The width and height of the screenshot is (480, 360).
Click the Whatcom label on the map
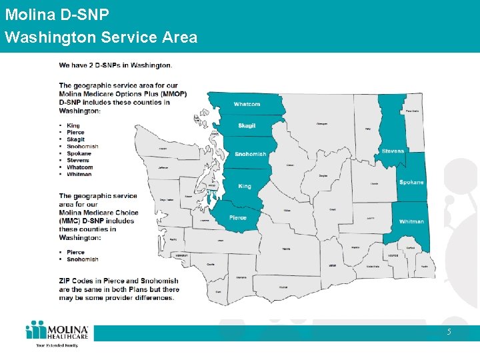click(x=247, y=104)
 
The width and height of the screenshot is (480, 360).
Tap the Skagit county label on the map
click(x=247, y=126)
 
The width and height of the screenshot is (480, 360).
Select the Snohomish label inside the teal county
click(x=250, y=154)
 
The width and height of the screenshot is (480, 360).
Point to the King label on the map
click(x=245, y=186)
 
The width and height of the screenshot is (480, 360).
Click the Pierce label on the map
click(x=237, y=217)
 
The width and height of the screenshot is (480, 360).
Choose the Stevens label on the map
click(x=393, y=151)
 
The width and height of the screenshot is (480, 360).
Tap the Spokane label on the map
click(x=411, y=182)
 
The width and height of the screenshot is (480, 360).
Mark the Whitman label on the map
click(x=411, y=221)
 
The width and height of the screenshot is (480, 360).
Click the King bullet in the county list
click(x=73, y=125)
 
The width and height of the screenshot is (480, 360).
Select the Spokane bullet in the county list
click(x=79, y=153)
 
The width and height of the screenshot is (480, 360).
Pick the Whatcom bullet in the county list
click(x=79, y=167)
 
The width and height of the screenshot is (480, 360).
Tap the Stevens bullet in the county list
click(x=78, y=160)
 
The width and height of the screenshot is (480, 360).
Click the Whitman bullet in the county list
click(x=79, y=174)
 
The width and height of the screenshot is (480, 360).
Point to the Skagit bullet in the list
click(x=75, y=139)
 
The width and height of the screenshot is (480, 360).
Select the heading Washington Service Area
click(x=101, y=37)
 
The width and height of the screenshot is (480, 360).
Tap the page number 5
click(x=449, y=331)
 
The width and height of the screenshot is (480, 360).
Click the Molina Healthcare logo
click(x=57, y=333)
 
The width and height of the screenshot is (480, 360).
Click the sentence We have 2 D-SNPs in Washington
click(x=115, y=65)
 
